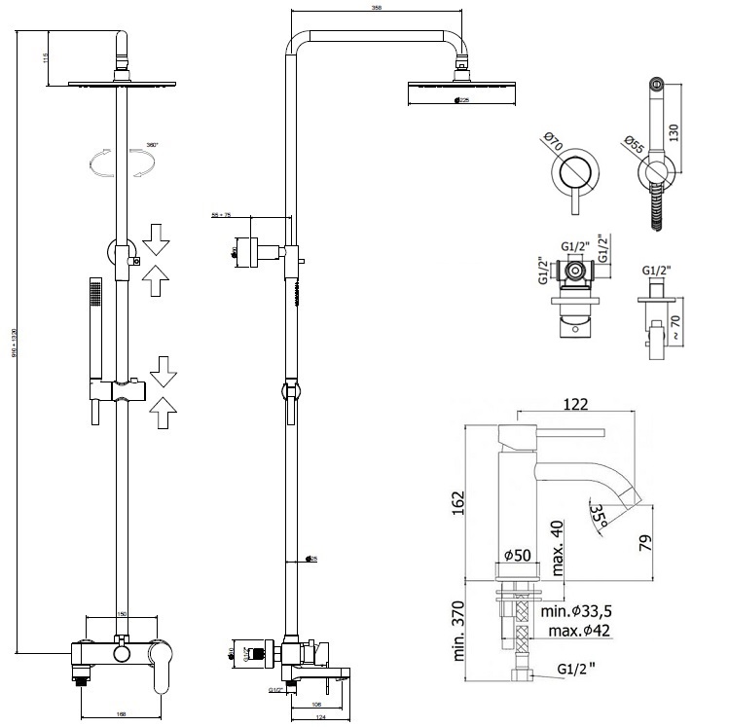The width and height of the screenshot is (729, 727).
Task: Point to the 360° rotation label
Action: (152, 144)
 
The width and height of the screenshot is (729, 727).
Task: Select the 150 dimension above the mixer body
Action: (123, 615)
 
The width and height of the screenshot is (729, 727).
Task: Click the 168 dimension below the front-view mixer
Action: (121, 715)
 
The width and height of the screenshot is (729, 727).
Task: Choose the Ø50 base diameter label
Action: (516, 555)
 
